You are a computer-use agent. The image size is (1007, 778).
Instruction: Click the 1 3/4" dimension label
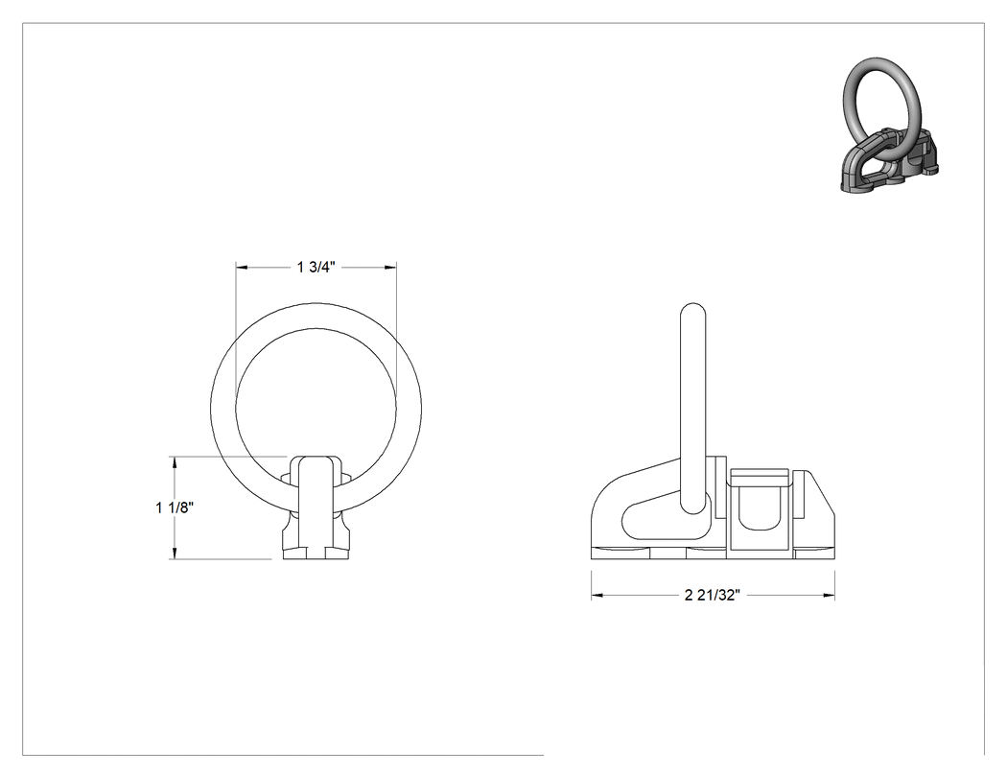(316, 268)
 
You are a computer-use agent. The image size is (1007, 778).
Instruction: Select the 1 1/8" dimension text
(175, 507)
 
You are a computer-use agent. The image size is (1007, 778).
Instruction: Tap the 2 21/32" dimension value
(713, 596)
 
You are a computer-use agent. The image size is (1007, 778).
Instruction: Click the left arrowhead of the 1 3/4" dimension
(242, 267)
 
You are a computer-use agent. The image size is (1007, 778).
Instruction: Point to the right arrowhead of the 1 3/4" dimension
(390, 267)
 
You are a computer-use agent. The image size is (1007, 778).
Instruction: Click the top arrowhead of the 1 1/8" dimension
(174, 462)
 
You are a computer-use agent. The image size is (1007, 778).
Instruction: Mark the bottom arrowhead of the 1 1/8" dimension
(174, 554)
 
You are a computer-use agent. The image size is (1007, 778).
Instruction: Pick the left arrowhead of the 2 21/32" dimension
(597, 596)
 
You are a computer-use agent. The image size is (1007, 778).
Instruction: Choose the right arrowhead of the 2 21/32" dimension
(829, 596)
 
